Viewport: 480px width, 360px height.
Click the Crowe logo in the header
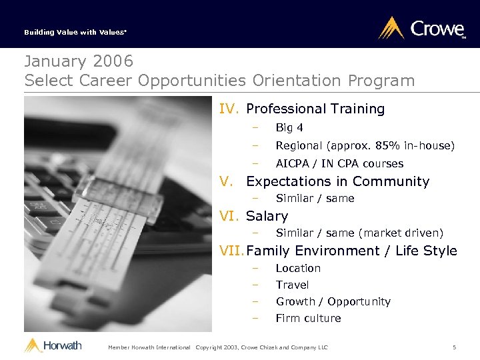421,29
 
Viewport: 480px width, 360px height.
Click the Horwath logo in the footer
53,345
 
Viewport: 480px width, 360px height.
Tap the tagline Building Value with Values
66,32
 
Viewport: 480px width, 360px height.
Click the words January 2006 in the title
79,61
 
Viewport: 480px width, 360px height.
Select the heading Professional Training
315,109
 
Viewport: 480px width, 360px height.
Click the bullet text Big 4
289,128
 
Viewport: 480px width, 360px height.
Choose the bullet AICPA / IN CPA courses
339,164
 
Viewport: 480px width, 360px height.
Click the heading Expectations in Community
337,181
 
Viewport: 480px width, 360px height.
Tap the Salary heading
267,216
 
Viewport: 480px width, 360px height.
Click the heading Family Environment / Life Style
351,251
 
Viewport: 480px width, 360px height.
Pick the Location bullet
298,268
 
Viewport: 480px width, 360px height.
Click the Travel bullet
292,285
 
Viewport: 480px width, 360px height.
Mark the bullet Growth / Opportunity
333,301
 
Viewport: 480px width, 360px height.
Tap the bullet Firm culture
308,318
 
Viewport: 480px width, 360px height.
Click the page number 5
454,347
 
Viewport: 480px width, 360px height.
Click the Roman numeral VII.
232,251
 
